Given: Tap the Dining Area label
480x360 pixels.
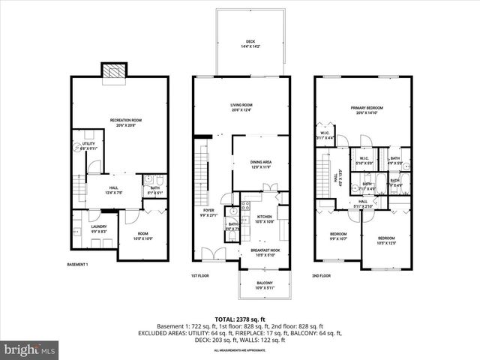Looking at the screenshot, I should pyautogui.click(x=250, y=165).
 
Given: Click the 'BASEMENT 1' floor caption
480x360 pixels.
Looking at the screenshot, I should pyautogui.click(x=78, y=265).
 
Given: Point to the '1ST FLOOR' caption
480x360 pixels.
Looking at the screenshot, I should pyautogui.click(x=199, y=276).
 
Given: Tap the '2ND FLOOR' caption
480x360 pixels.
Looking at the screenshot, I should pyautogui.click(x=322, y=276).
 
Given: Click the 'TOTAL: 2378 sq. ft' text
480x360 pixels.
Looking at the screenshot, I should pyautogui.click(x=240, y=319).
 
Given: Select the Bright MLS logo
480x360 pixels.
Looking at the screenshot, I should pyautogui.click(x=30, y=349).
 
